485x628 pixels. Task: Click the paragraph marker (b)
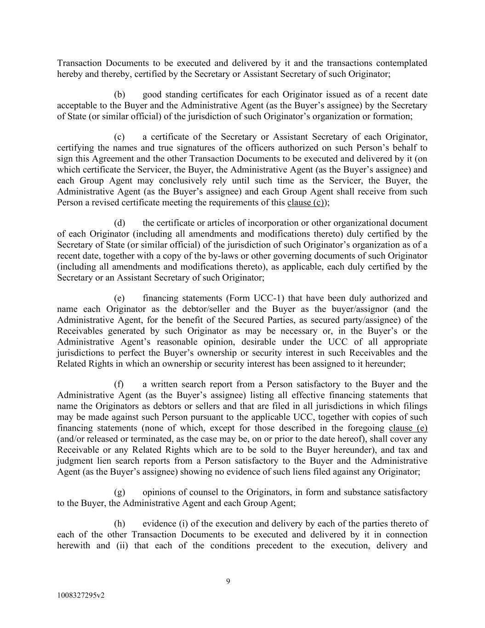point(120,95)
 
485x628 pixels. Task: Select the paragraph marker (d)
point(120,223)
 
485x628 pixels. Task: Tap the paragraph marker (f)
point(119,385)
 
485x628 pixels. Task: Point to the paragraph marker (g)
point(120,493)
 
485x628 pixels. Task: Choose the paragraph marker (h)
point(120,524)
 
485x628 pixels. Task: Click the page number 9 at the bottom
point(228,582)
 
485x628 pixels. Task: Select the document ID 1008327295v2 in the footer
point(81,595)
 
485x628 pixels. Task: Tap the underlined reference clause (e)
point(408,428)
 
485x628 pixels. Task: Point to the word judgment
point(75,461)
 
